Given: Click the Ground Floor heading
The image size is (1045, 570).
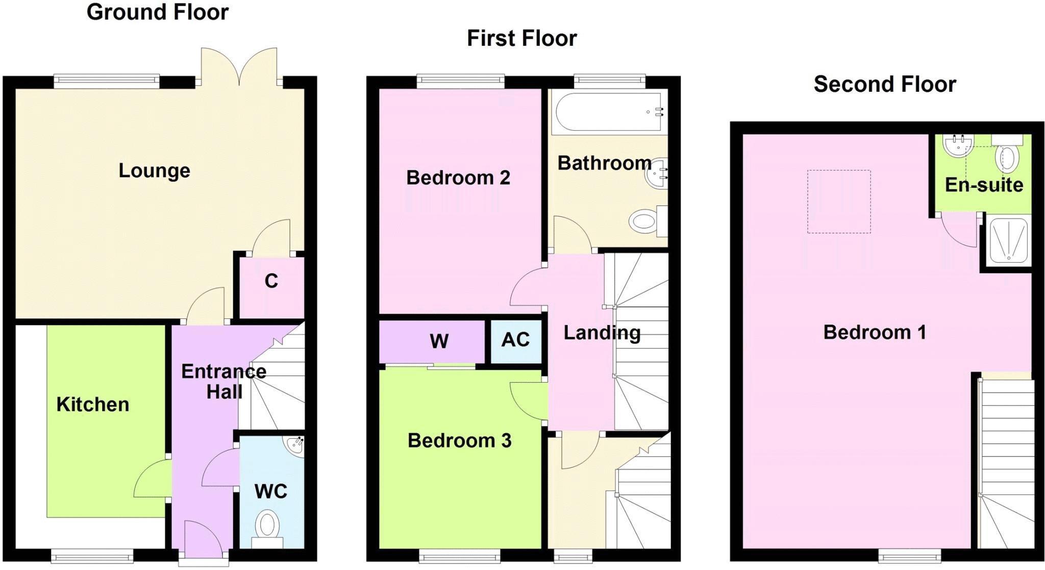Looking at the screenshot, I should pos(157,12).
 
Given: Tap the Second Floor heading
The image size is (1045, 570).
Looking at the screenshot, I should pos(884,84).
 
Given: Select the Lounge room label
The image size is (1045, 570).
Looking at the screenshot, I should pos(154,170).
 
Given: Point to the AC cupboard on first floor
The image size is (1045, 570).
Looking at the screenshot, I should pos(515,340).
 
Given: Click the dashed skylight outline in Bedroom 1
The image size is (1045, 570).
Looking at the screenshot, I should pos(838,202).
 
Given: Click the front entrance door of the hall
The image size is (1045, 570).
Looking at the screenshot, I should pos(203,542).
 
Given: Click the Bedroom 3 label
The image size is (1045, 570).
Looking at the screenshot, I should pos(459,440).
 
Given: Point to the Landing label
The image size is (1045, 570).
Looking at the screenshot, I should pos(602,333).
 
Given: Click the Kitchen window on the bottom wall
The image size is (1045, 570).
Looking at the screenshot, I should pos(92,555).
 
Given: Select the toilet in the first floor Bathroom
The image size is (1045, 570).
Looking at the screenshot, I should pos(644,222).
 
